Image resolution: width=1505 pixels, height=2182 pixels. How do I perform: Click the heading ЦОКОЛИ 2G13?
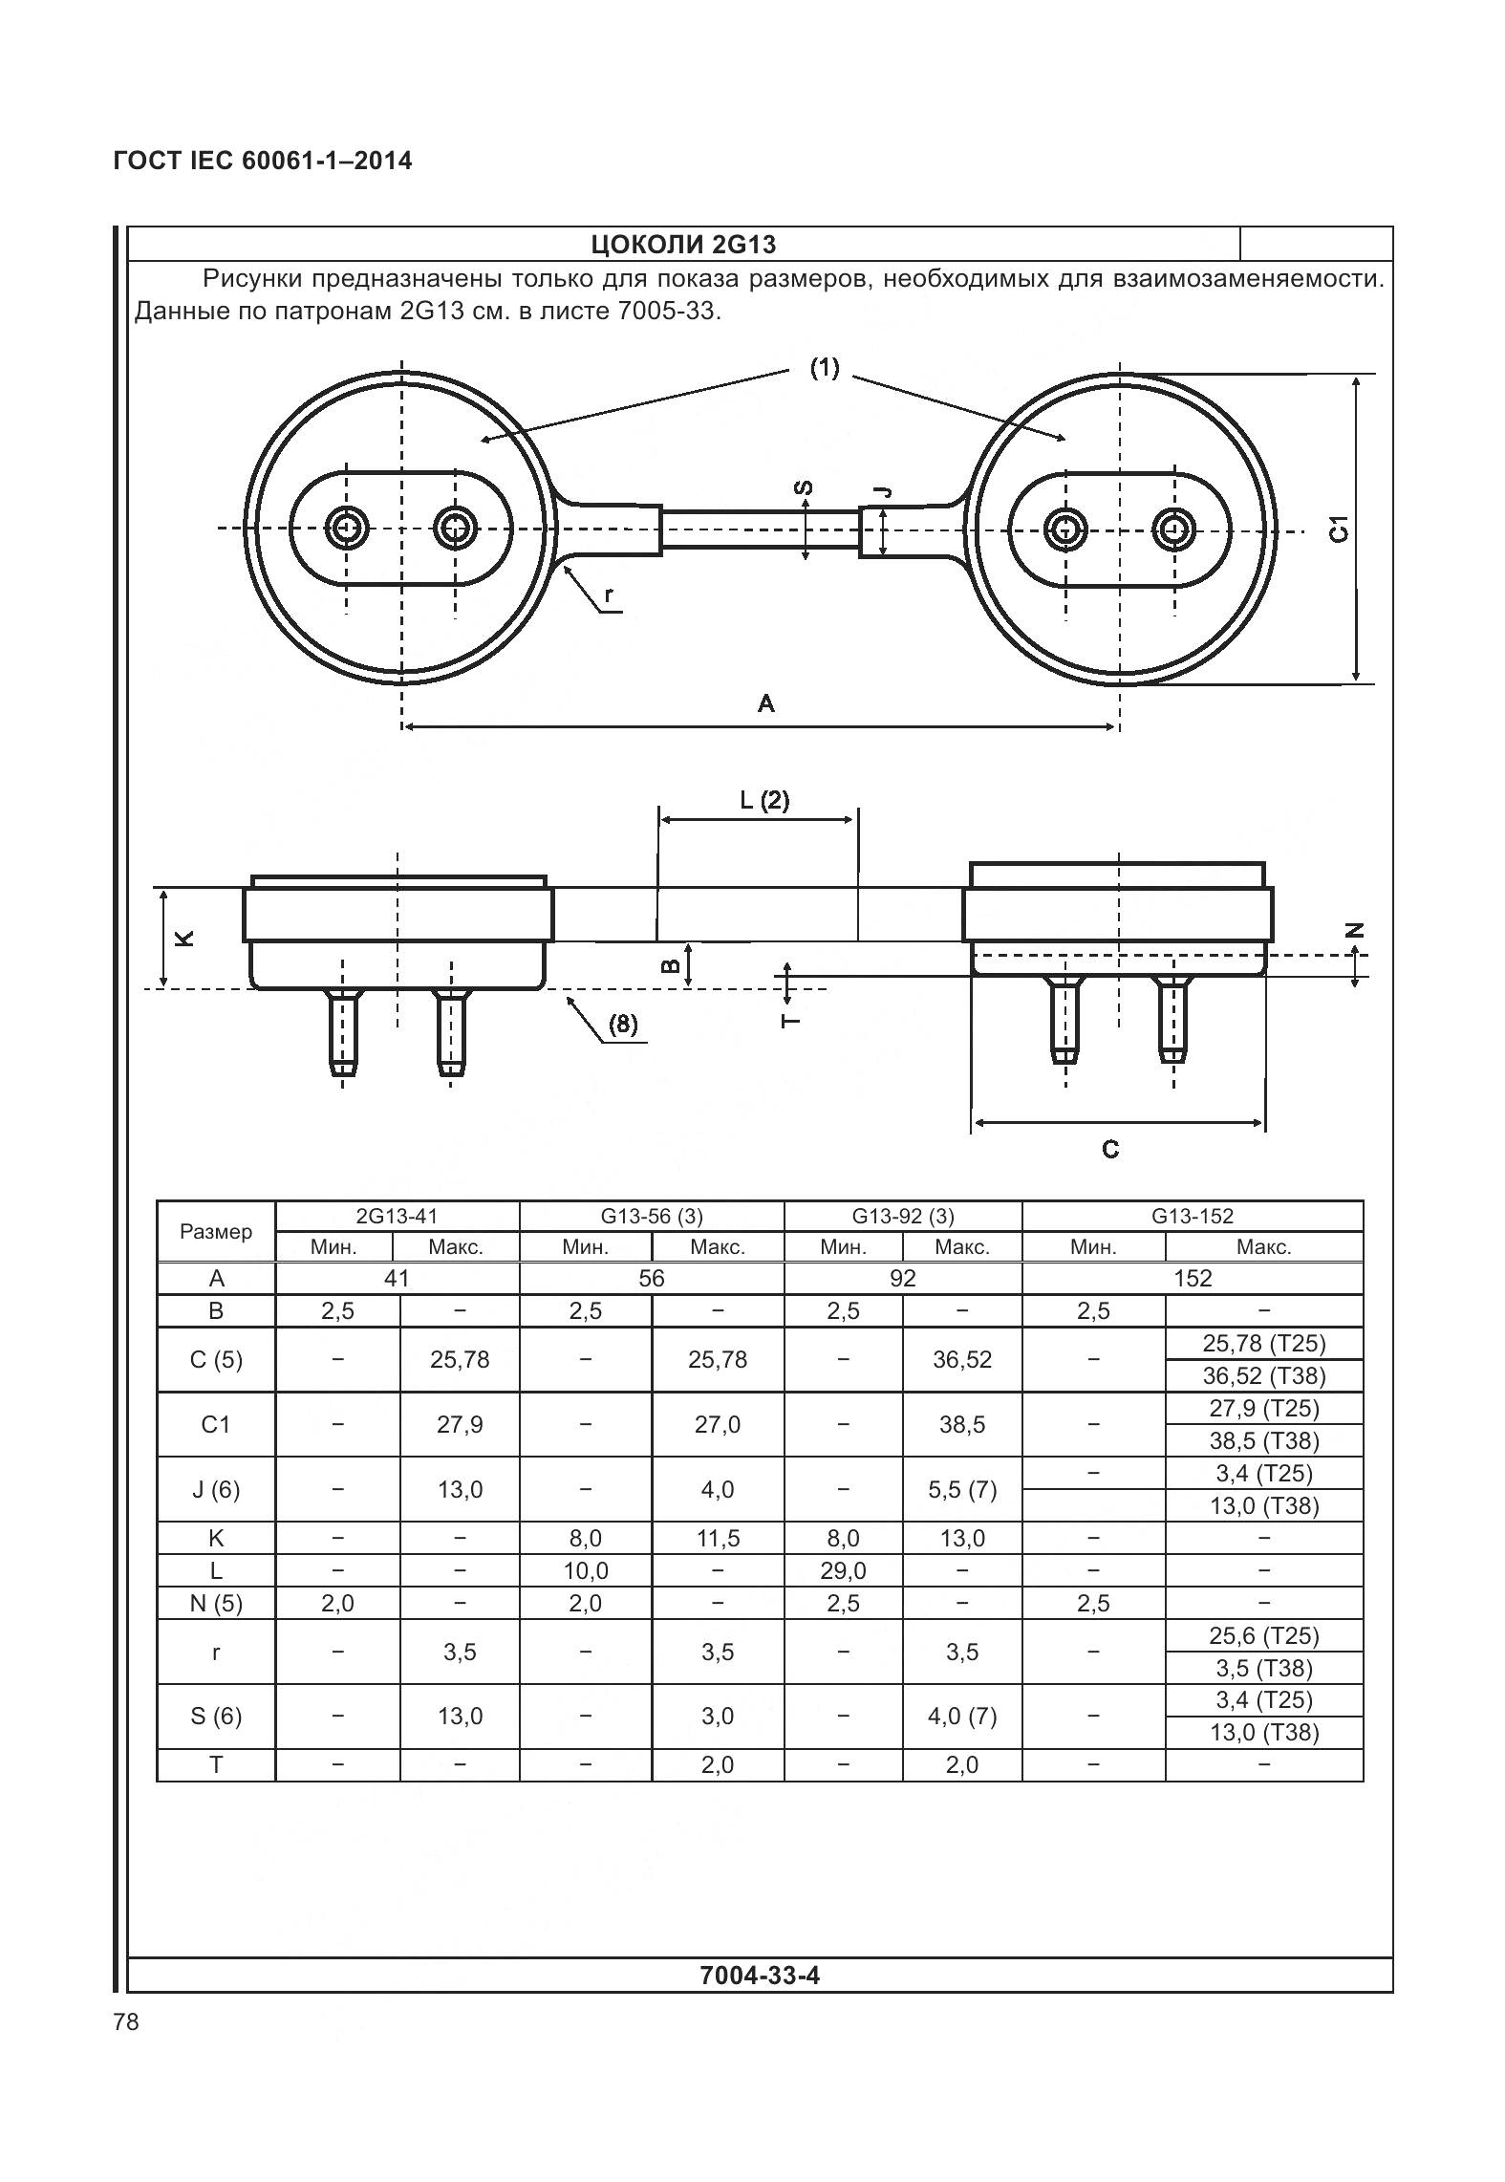click(x=683, y=245)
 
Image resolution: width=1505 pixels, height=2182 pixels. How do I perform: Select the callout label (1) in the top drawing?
click(x=824, y=367)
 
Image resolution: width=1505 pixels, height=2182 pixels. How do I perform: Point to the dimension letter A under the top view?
click(x=765, y=704)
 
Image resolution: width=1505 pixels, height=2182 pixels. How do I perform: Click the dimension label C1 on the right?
click(x=1340, y=529)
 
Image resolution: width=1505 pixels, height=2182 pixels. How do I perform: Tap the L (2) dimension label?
click(x=764, y=799)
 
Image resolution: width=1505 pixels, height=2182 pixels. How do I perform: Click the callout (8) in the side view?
click(x=622, y=1025)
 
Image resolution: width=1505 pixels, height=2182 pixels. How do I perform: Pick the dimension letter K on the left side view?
click(x=185, y=938)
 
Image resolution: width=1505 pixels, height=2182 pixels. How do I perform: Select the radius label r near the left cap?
click(x=609, y=595)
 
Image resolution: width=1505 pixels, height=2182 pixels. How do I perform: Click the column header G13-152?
click(x=1192, y=1216)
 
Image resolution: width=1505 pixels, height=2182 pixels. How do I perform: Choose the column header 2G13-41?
click(x=397, y=1216)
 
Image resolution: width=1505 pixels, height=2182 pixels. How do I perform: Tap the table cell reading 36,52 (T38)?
click(x=1263, y=1375)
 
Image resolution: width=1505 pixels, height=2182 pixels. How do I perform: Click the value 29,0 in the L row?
click(x=843, y=1570)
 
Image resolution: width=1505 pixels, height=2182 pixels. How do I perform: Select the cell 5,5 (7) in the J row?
click(x=962, y=1489)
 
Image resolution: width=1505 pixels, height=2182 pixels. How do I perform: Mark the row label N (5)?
click(x=216, y=1603)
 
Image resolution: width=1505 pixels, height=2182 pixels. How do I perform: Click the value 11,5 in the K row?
click(x=717, y=1538)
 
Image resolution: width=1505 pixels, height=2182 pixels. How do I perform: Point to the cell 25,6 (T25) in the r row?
click(x=1263, y=1635)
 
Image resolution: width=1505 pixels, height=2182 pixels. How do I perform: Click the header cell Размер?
click(x=216, y=1231)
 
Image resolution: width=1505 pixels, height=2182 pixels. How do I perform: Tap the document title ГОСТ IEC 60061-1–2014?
click(x=263, y=161)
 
